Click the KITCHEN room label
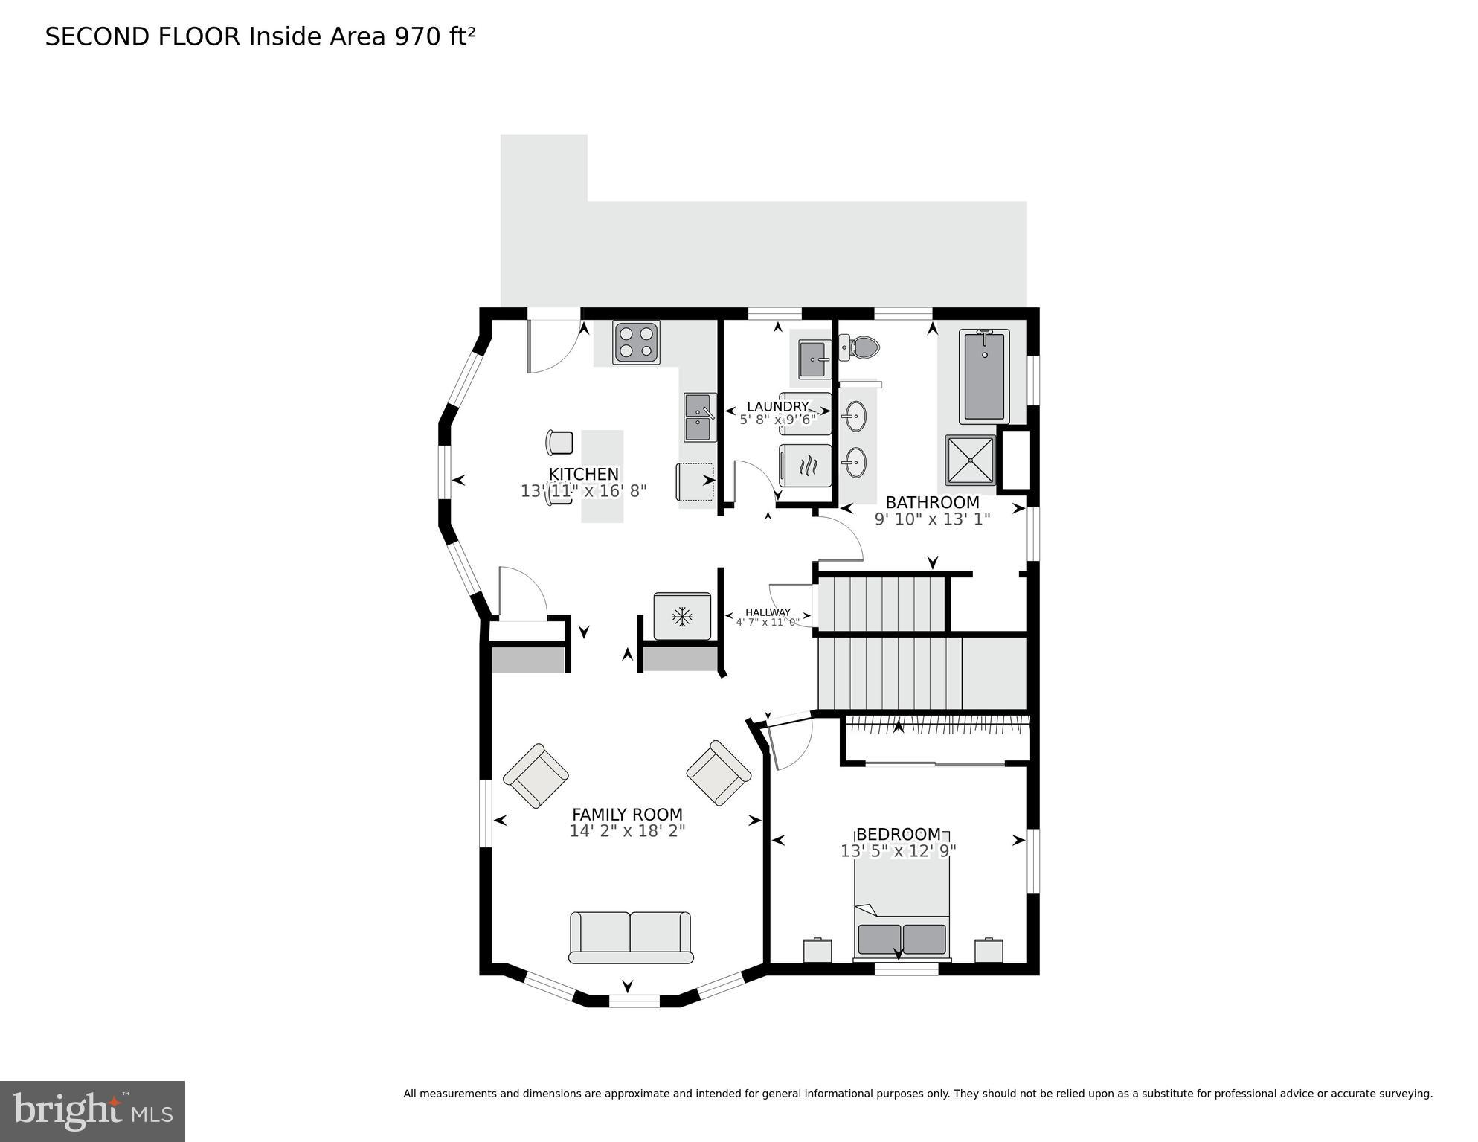583,474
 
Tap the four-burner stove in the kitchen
636,342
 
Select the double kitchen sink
699,417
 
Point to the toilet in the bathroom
863,347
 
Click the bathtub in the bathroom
984,376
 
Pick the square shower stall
970,460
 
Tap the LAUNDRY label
777,406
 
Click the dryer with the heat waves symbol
806,466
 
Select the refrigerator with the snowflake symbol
682,616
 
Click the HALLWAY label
768,612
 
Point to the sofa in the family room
630,937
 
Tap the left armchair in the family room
536,775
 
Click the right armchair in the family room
719,772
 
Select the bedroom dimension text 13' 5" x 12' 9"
898,851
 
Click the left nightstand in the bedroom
817,950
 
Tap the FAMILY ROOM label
627,815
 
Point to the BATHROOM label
932,502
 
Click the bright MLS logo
92,1111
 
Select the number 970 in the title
418,36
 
